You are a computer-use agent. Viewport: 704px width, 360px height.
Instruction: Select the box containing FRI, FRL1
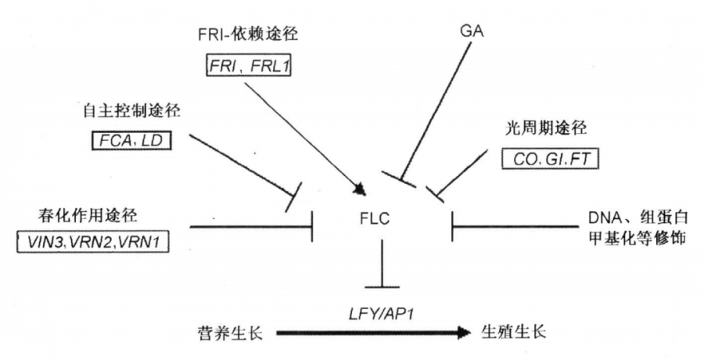245,67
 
